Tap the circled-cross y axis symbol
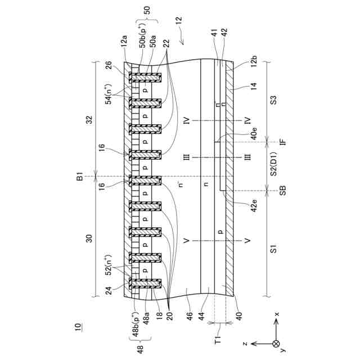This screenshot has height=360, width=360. point(275,343)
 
